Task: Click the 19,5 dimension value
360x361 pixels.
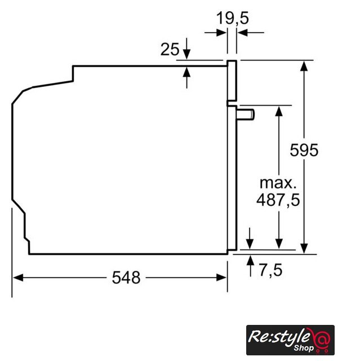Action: click(233, 19)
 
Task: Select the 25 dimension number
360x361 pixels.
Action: click(170, 49)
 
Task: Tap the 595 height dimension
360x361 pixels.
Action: click(304, 150)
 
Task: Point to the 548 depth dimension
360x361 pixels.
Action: click(126, 278)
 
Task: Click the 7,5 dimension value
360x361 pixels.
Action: click(270, 270)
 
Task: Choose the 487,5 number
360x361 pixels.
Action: click(278, 200)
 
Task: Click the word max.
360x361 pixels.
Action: click(278, 183)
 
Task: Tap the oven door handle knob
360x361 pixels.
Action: click(246, 115)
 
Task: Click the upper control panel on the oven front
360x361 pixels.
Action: click(232, 81)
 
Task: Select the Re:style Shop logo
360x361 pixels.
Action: click(290, 340)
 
